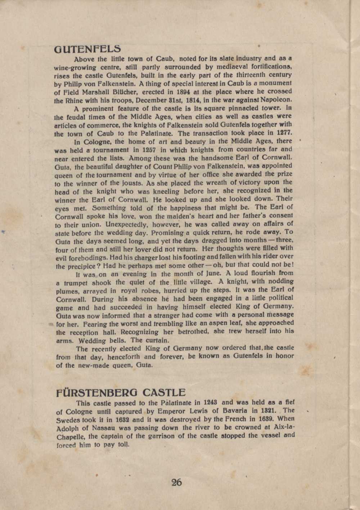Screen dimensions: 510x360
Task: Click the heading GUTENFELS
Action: click(x=87, y=49)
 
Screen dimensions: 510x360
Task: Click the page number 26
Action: click(x=176, y=482)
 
